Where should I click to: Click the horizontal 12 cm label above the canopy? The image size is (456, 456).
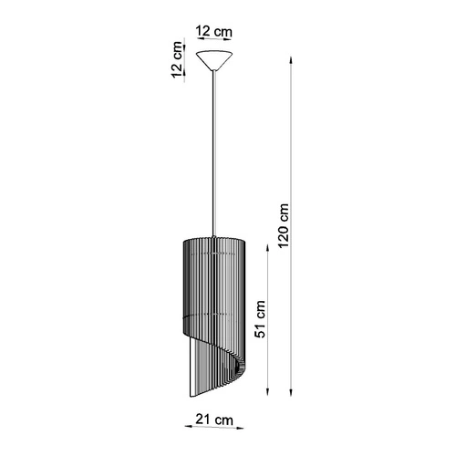(213, 32)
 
